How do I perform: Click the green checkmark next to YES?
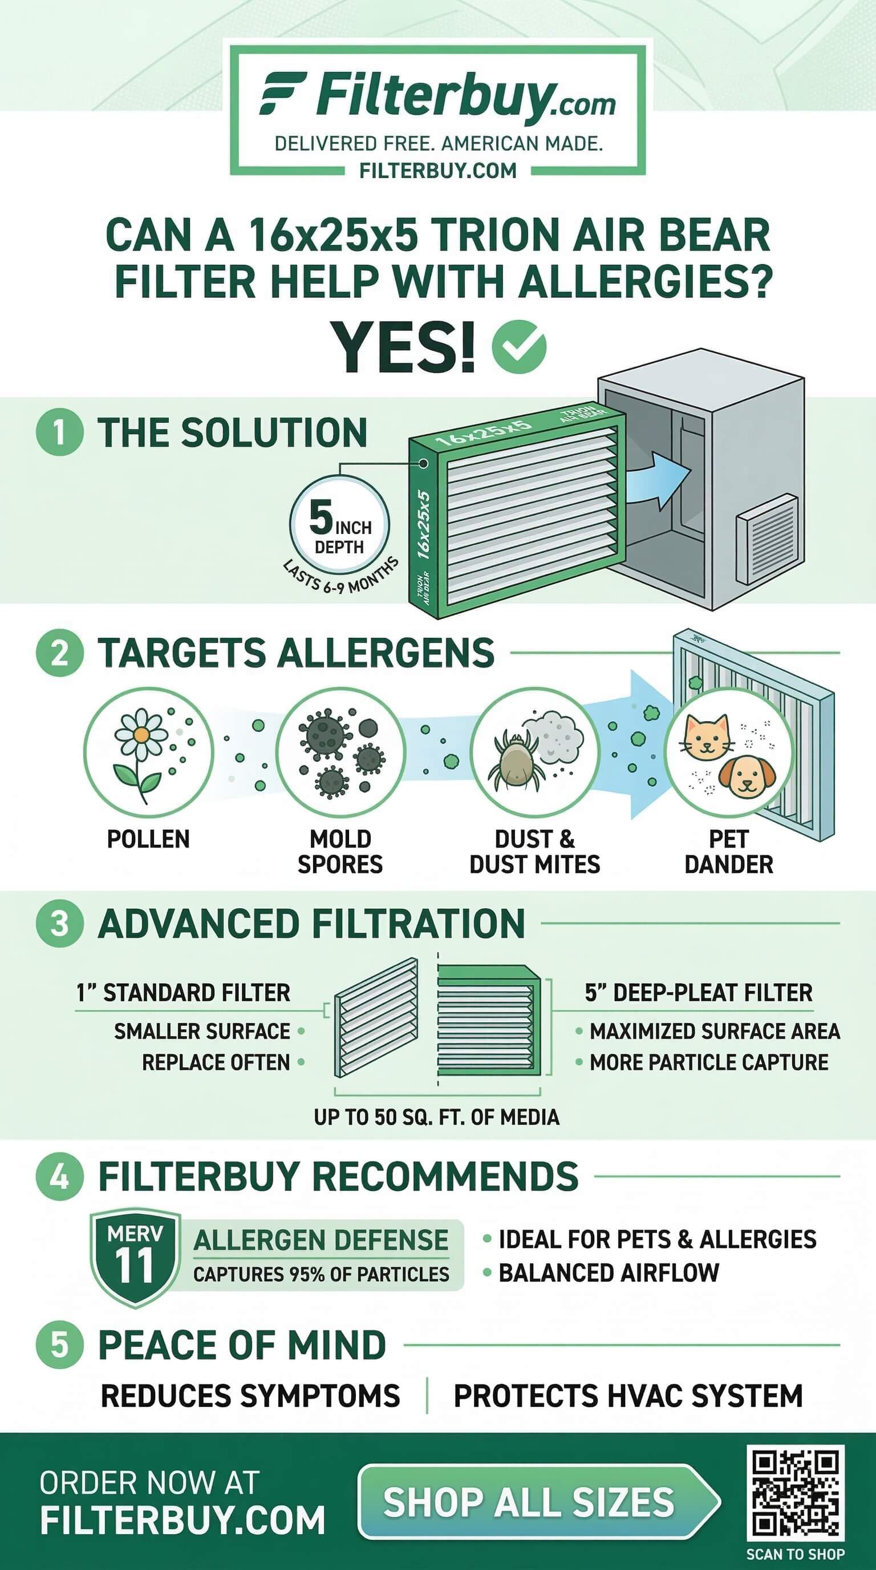point(519,347)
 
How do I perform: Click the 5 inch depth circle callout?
point(339,525)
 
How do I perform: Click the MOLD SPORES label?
point(340,851)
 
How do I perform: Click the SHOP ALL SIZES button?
point(538,1501)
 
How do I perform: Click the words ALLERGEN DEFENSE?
point(321,1240)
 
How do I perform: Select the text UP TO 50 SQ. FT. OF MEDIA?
point(436,1116)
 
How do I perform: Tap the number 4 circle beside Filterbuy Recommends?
point(59,1176)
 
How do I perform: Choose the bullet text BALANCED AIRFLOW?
point(609,1273)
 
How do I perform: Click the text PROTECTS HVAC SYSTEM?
point(628,1395)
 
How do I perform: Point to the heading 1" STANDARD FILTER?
point(182,993)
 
